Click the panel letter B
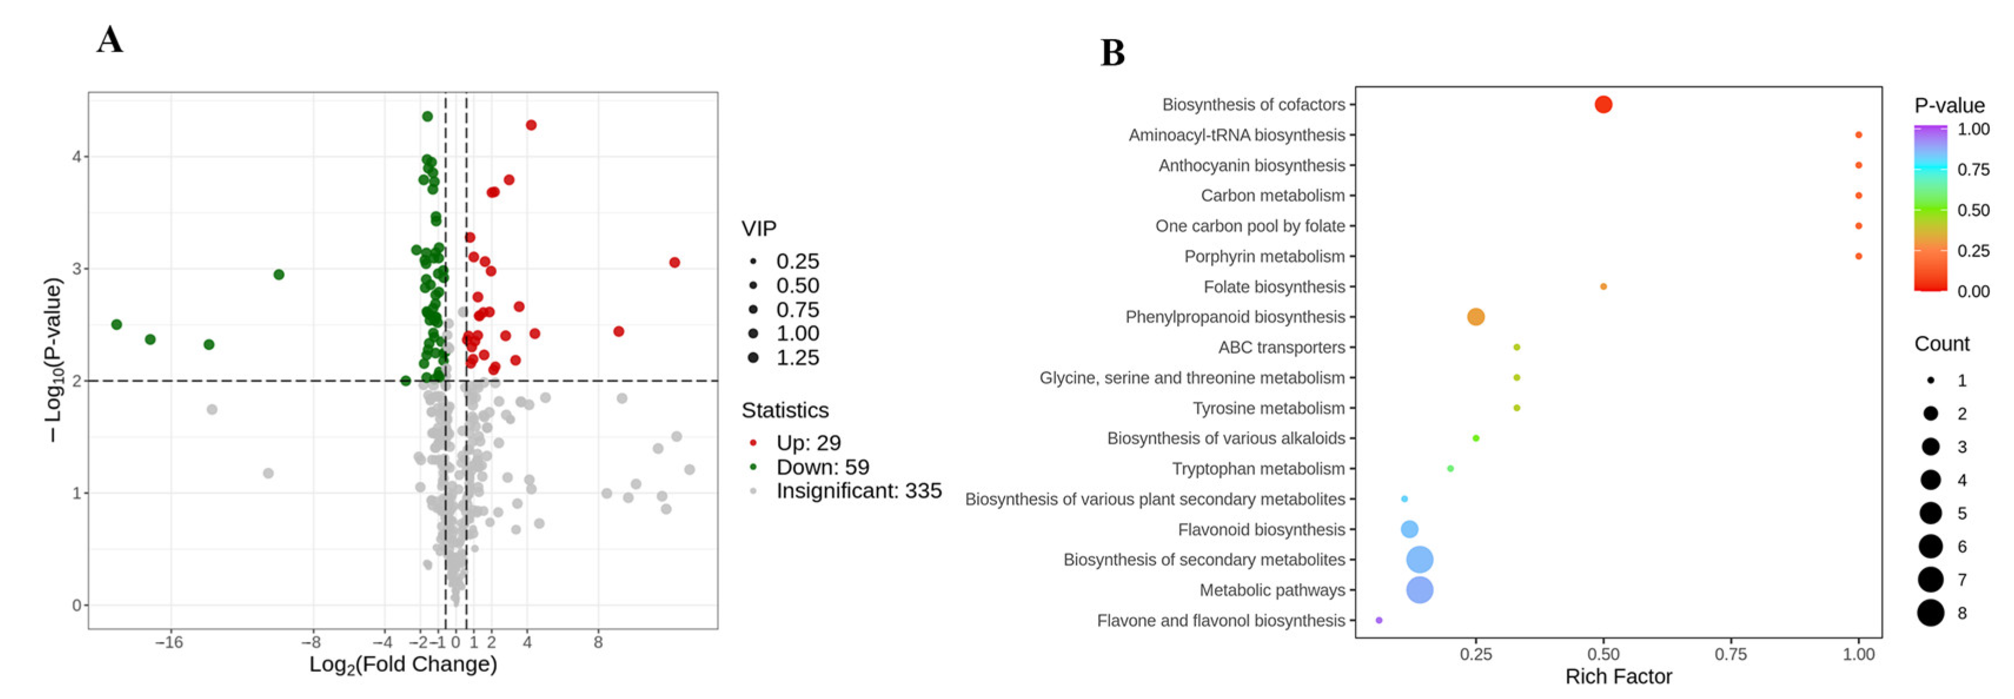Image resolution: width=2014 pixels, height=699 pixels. [1112, 53]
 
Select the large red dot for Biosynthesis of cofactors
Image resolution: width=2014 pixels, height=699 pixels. [1603, 105]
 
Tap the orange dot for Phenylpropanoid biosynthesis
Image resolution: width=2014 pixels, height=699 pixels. [1475, 317]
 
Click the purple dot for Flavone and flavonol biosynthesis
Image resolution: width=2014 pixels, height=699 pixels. [1378, 620]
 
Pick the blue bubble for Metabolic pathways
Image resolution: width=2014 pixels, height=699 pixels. [1419, 589]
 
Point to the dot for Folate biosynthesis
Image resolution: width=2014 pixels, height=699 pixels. [1603, 287]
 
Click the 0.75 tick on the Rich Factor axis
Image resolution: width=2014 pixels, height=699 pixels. [1730, 654]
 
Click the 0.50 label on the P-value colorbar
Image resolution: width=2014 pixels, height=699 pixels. [1973, 210]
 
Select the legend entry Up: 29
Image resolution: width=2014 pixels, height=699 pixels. [807, 443]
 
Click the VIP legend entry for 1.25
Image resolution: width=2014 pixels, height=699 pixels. [797, 358]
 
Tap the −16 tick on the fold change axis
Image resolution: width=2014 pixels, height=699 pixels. [168, 642]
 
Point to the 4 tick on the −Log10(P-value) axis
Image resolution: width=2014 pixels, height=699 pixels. [77, 157]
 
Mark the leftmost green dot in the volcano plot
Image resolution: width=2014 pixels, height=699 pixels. [117, 324]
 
